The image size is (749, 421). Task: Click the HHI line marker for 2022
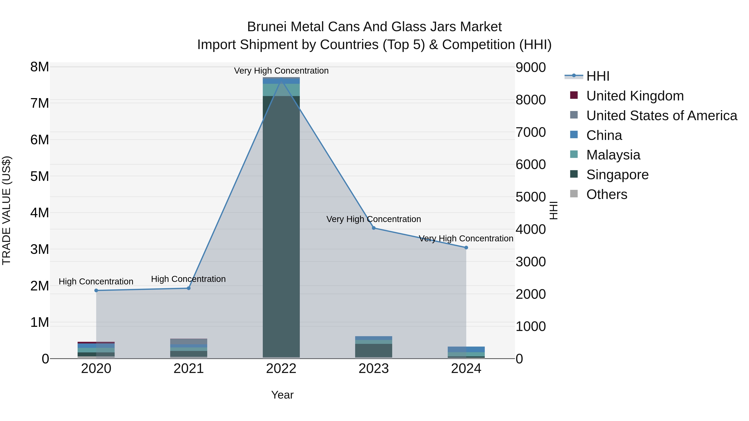point(281,79)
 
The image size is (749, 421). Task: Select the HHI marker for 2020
point(96,290)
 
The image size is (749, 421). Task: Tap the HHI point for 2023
point(374,228)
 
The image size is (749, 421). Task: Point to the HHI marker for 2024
point(466,248)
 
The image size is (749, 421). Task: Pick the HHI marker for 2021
point(188,288)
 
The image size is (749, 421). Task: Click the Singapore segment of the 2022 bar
point(281,227)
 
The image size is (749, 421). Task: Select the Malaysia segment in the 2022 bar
point(281,90)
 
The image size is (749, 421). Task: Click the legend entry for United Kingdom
point(635,96)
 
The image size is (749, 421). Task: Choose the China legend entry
point(604,135)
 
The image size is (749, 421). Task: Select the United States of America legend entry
point(661,116)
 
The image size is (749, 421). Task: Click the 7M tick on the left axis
point(40,103)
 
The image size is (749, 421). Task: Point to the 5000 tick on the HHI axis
point(531,197)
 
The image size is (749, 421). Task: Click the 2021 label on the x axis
point(188,369)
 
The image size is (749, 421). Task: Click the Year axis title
point(282,395)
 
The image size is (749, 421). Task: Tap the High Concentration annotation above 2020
point(96,281)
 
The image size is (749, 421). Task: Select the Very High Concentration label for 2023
point(374,219)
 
